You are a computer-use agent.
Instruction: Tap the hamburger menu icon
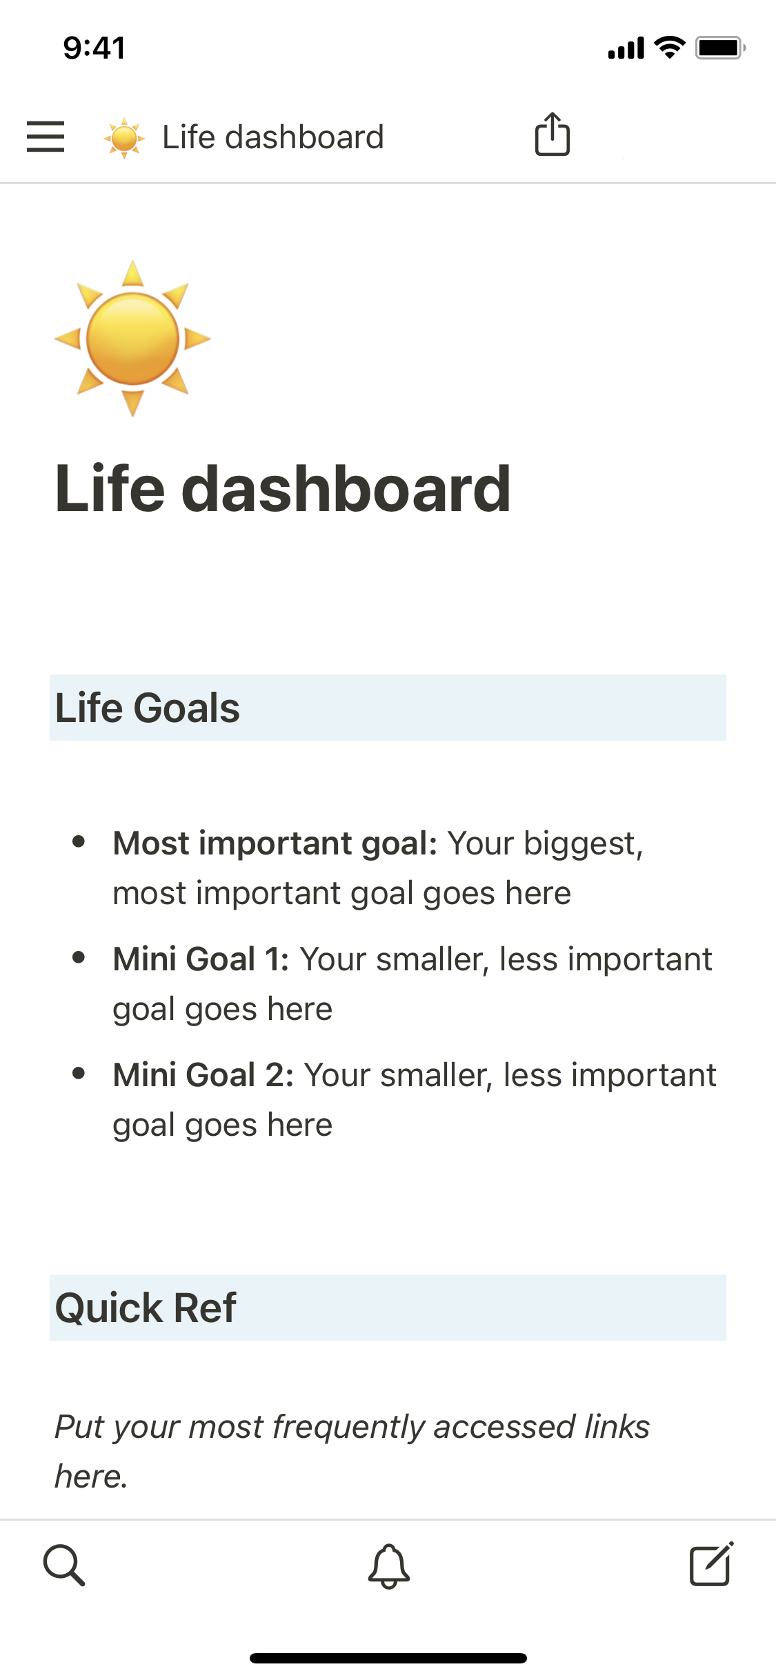[46, 137]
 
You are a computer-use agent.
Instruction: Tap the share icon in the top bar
[553, 135]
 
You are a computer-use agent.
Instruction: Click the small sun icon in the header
[124, 138]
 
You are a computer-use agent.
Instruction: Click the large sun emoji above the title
[132, 339]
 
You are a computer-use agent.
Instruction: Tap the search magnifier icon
[64, 1565]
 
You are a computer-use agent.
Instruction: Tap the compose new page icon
[710, 1564]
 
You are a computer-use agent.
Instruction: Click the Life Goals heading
[148, 708]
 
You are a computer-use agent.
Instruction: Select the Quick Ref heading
[146, 1308]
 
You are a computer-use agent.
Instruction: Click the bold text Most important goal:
[275, 843]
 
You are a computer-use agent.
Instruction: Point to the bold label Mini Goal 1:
[201, 959]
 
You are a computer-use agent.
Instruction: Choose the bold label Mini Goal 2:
[203, 1075]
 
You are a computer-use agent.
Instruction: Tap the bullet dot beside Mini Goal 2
[79, 1073]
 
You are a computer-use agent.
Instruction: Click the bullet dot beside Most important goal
[79, 841]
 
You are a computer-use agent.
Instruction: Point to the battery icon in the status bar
[719, 48]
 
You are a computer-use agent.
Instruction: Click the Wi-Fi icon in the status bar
[669, 47]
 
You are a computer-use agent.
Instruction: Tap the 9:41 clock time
[94, 48]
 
